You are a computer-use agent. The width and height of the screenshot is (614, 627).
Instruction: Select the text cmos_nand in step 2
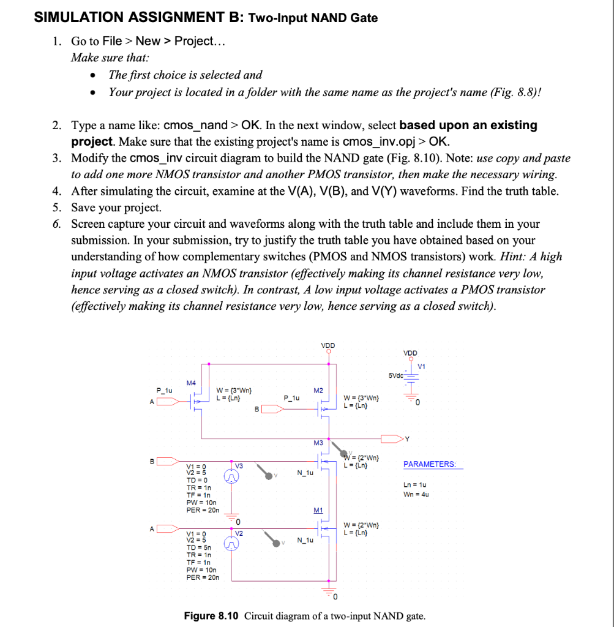click(x=194, y=126)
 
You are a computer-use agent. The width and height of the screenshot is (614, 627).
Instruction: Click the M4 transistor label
click(x=191, y=383)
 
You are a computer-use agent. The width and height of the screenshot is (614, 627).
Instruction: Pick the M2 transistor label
click(x=318, y=390)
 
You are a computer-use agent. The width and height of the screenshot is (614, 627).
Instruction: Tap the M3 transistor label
click(x=318, y=443)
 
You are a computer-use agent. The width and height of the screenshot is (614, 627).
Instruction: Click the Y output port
click(x=392, y=438)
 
